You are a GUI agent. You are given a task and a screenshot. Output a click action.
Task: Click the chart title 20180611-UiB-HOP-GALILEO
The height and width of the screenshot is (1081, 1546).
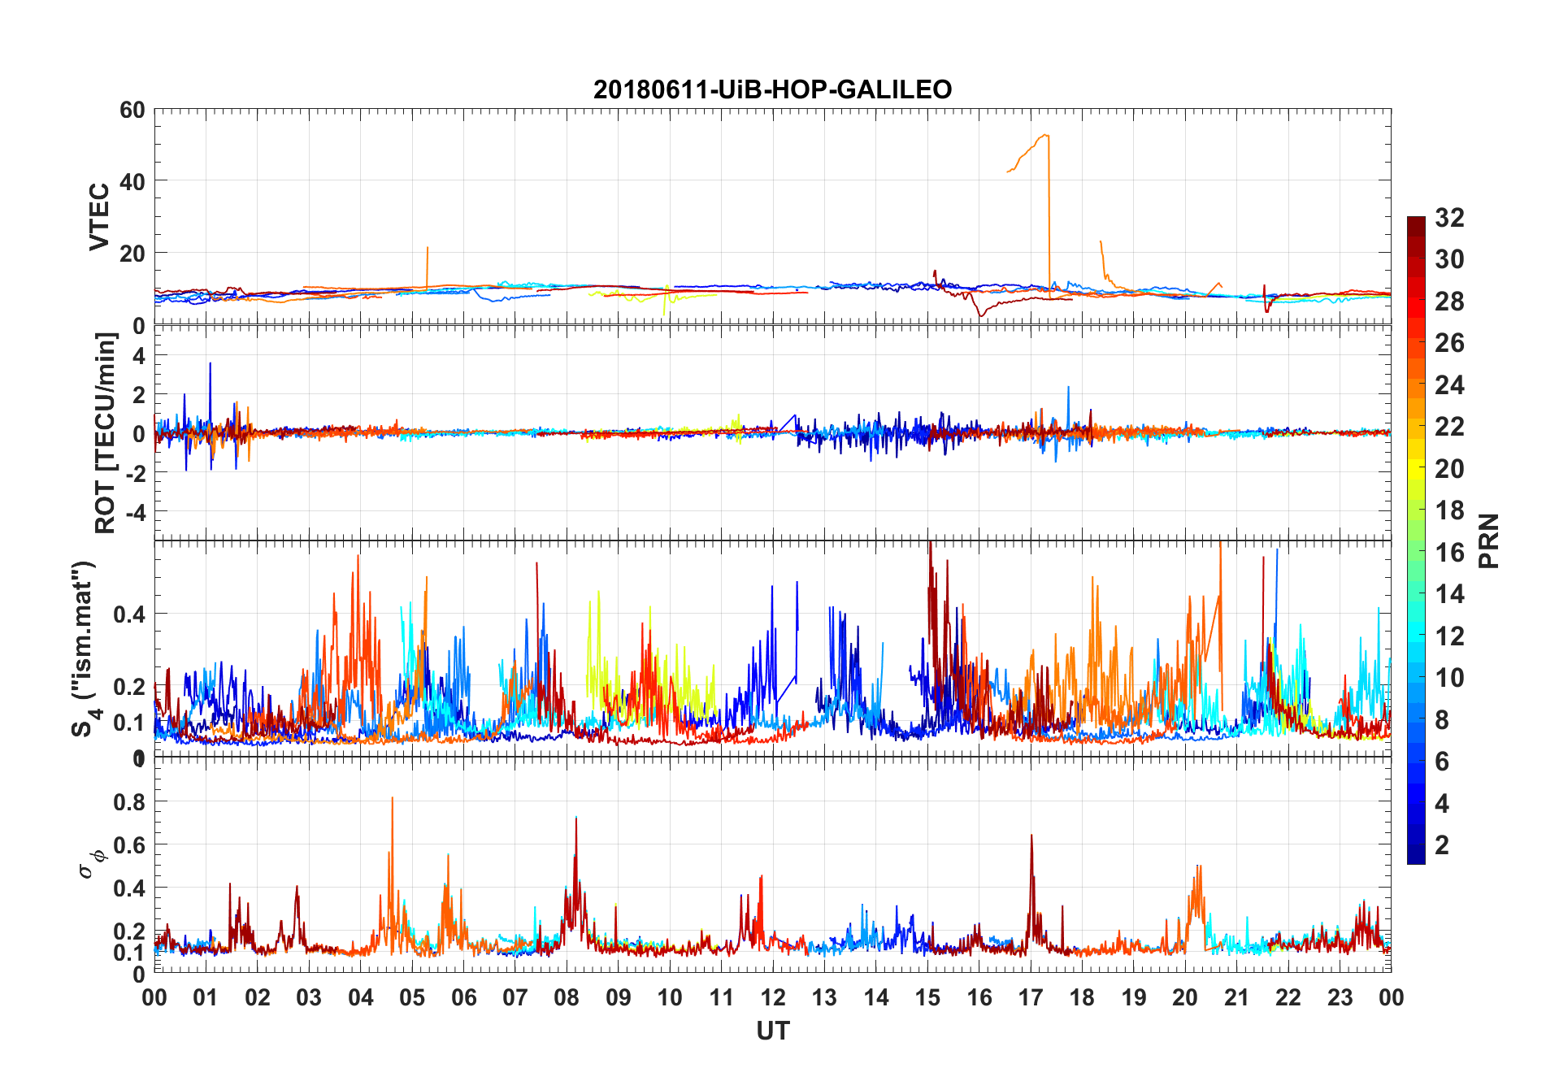(x=772, y=89)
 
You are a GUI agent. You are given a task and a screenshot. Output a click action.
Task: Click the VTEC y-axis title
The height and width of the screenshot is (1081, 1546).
(x=99, y=217)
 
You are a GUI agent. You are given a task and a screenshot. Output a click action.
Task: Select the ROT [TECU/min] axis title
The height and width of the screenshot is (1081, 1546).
(x=106, y=432)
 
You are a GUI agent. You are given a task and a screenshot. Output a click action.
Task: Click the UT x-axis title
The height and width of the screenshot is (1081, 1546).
(x=772, y=1031)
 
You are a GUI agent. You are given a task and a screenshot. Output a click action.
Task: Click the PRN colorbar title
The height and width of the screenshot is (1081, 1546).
(x=1487, y=540)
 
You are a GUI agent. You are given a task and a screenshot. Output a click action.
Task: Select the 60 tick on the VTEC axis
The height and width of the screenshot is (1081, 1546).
(x=132, y=110)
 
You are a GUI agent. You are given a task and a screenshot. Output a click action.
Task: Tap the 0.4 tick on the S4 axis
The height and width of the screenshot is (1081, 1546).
(x=129, y=614)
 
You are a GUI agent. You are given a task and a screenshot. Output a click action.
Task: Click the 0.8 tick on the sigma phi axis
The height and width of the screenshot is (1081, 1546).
(x=129, y=801)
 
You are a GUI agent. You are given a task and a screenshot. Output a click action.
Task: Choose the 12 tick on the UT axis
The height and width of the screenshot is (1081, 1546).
(x=772, y=998)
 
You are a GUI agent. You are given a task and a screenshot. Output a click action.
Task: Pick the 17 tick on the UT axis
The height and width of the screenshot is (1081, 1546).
(x=1031, y=998)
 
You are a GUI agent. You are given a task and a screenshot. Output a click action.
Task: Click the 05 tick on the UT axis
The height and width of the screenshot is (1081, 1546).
(x=412, y=998)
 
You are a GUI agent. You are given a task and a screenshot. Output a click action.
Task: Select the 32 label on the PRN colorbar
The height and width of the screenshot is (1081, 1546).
(x=1449, y=218)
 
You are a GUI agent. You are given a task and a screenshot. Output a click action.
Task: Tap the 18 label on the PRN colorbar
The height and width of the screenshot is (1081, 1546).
(x=1449, y=510)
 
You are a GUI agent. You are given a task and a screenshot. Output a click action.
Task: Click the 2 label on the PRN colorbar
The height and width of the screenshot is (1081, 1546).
(x=1442, y=845)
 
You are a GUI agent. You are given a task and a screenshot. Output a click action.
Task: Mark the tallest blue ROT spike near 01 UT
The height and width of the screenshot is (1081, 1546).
(x=210, y=364)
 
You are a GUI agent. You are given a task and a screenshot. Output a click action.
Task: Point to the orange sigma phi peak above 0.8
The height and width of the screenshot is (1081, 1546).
(x=393, y=798)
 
